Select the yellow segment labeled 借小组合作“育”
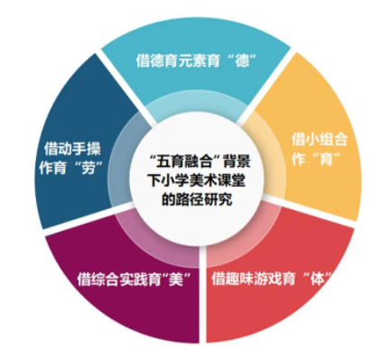[312, 144]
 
